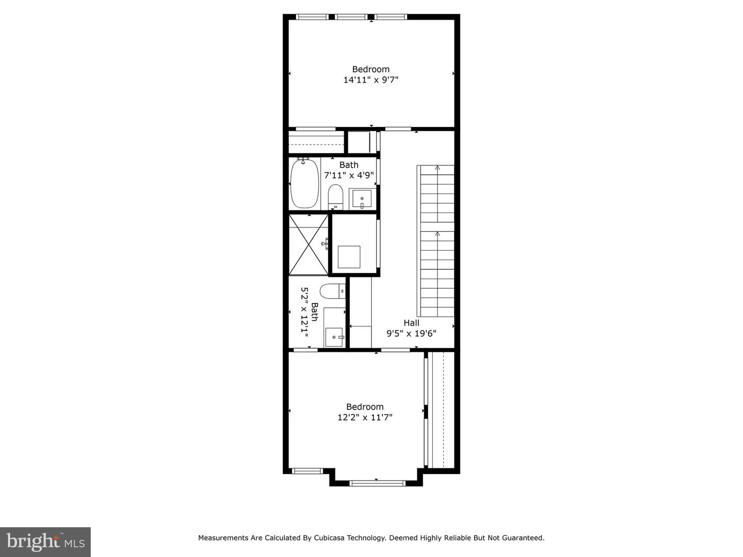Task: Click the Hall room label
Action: (x=411, y=323)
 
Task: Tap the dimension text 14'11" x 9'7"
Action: (x=371, y=80)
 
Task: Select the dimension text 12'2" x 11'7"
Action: (x=365, y=417)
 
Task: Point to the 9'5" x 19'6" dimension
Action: (x=411, y=334)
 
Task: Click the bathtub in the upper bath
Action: (x=304, y=183)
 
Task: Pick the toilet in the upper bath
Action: (x=335, y=197)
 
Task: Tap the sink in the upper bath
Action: (x=362, y=199)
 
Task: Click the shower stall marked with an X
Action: (x=309, y=245)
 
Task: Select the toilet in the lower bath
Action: (x=332, y=291)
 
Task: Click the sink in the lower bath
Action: (x=334, y=337)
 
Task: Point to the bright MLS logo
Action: (x=45, y=542)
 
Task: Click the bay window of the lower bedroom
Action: (x=377, y=483)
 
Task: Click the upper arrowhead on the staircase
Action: (x=438, y=168)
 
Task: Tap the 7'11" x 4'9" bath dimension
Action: (x=349, y=175)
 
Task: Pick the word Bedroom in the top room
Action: (x=370, y=69)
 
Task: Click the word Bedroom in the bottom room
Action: (x=365, y=406)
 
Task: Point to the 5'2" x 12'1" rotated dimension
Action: (x=304, y=313)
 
